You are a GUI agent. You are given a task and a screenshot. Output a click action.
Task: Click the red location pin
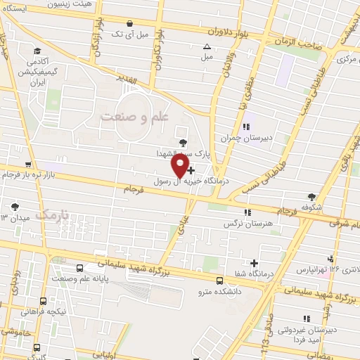coord(181,165)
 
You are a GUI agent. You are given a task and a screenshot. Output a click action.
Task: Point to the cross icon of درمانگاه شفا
coord(254,263)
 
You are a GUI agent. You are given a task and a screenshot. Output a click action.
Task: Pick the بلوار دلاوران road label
coord(229,32)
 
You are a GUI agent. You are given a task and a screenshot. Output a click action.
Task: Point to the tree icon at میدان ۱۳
coord(15,206)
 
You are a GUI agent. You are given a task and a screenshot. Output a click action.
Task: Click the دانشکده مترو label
coord(219,290)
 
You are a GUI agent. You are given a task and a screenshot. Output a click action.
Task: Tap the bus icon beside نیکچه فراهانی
coord(44,301)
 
